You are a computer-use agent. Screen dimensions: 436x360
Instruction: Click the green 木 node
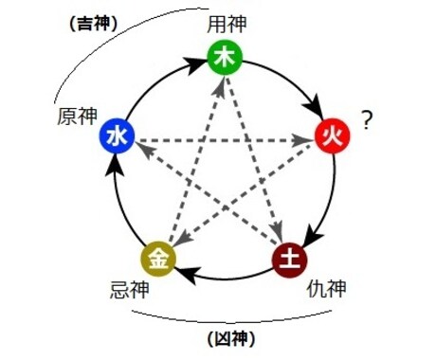tap(225, 58)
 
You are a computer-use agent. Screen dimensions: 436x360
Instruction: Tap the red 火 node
tap(333, 136)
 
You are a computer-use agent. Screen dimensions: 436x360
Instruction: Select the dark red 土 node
tap(290, 260)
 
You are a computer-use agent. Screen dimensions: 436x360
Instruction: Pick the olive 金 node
tap(158, 259)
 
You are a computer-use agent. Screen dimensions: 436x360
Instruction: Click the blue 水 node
tap(118, 135)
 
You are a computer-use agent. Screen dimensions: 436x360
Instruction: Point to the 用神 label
tap(227, 25)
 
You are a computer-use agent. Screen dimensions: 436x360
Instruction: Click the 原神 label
tap(77, 117)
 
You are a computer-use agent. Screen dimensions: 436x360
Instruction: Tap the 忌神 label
tap(130, 290)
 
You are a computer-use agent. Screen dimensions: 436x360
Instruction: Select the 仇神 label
tap(326, 288)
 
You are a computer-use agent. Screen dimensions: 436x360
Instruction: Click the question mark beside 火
tap(367, 120)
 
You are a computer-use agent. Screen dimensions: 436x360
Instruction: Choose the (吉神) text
tap(93, 24)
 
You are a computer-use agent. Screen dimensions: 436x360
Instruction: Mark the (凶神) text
tap(231, 339)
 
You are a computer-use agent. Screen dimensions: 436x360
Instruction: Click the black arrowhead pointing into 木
tap(192, 65)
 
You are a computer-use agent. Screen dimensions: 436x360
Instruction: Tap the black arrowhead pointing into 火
tap(315, 107)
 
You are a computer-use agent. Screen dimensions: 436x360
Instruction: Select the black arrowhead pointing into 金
tap(187, 274)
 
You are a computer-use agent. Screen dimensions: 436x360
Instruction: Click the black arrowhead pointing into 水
tap(115, 165)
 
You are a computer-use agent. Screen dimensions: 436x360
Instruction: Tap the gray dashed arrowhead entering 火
tap(300, 140)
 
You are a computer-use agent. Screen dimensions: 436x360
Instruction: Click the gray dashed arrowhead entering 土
tap(277, 232)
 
